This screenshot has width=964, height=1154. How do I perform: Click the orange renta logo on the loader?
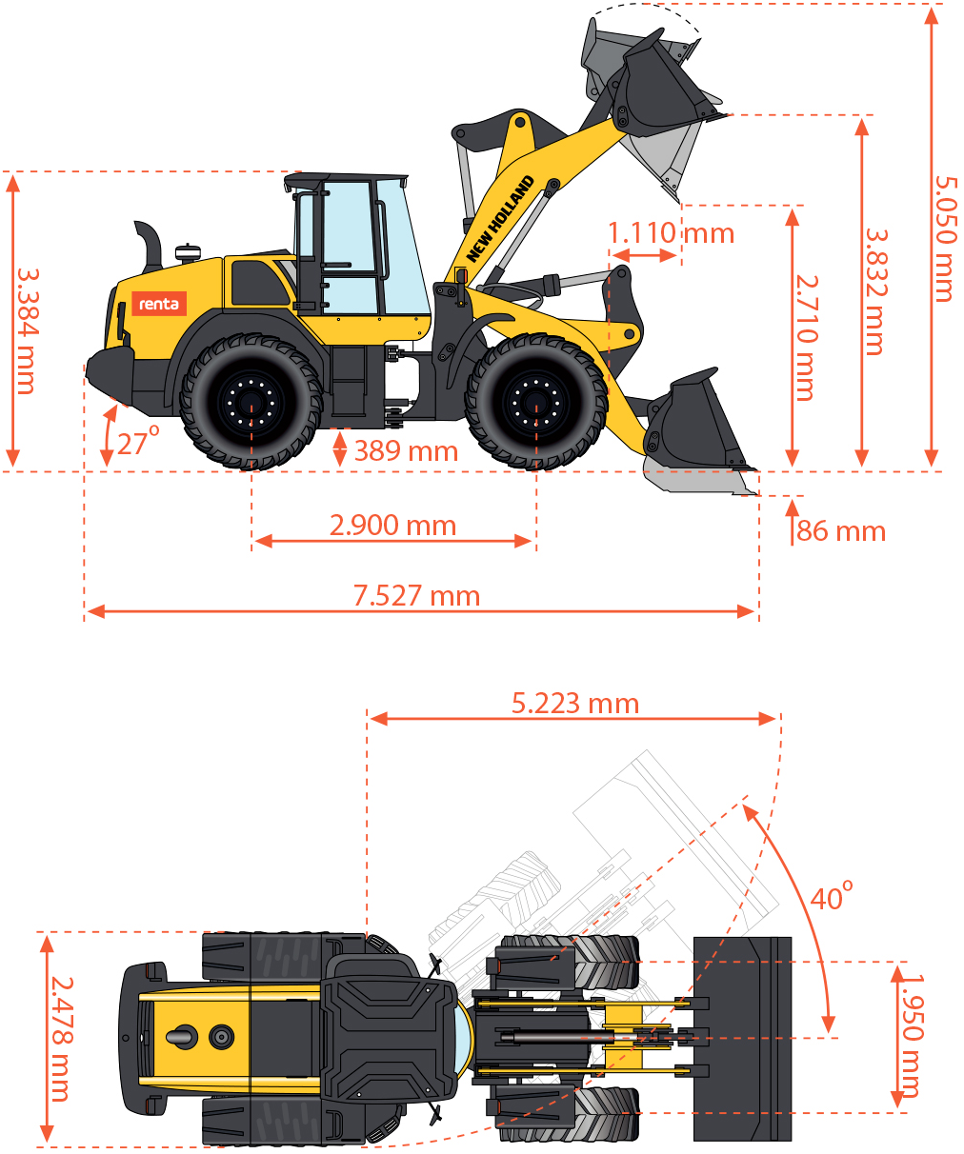(159, 304)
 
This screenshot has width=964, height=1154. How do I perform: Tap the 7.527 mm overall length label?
(416, 596)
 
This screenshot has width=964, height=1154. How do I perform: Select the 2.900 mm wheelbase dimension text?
(392, 525)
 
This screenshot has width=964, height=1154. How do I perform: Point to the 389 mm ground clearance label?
(406, 451)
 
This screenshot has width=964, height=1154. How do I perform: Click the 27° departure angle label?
(138, 441)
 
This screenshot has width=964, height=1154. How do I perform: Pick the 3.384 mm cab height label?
(27, 331)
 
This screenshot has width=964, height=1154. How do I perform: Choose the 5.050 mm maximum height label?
(945, 239)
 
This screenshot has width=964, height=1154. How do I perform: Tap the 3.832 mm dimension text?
(875, 291)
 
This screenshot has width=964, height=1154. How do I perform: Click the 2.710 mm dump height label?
(807, 338)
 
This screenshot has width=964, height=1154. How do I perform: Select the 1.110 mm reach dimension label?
(671, 233)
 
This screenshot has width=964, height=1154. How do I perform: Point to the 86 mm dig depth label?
(841, 531)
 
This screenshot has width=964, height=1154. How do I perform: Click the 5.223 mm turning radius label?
(575, 704)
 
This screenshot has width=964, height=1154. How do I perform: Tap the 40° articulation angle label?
(832, 896)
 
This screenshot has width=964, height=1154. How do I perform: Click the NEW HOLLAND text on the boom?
(500, 219)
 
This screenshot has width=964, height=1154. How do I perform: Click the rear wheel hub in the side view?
(251, 401)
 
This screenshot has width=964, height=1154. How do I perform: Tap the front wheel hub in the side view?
(536, 401)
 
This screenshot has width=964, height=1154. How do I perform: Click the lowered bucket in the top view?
(742, 1038)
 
